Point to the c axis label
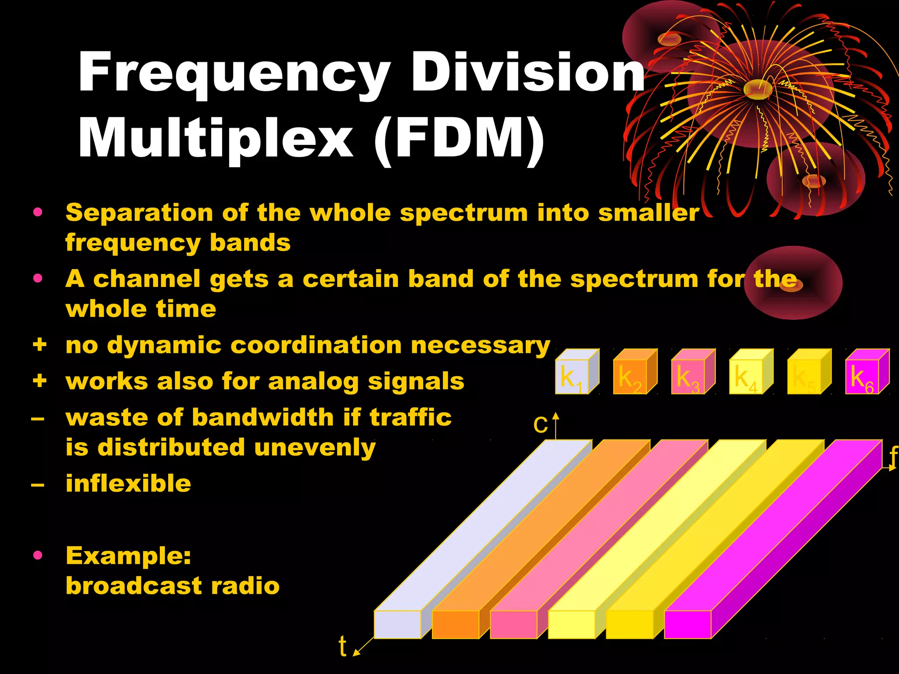(x=540, y=425)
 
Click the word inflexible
(x=128, y=483)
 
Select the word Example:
(x=128, y=556)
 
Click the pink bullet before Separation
(x=38, y=212)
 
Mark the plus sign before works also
(x=40, y=380)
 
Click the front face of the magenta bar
(x=687, y=624)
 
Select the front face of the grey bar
(x=397, y=624)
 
